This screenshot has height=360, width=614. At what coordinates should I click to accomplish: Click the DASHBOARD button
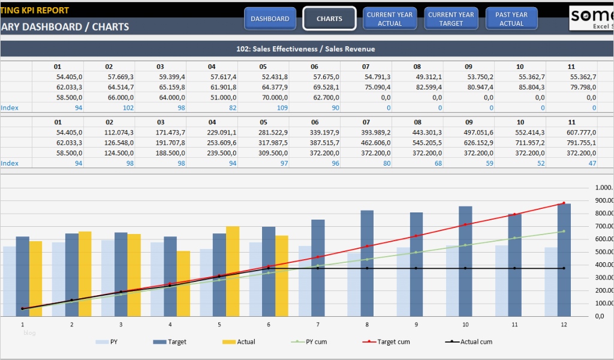[x=270, y=19]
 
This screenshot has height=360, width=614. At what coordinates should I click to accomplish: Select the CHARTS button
[x=329, y=19]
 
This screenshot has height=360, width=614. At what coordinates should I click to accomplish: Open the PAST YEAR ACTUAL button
[x=511, y=19]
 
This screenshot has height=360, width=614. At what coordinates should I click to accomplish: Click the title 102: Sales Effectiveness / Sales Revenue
[x=306, y=49]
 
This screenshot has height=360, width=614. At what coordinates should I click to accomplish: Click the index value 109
[x=282, y=108]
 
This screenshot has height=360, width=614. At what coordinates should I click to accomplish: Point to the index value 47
[x=592, y=163]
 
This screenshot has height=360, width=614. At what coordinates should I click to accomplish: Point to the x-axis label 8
[x=367, y=324]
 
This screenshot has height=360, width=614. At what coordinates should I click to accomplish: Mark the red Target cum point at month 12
[x=564, y=203]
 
